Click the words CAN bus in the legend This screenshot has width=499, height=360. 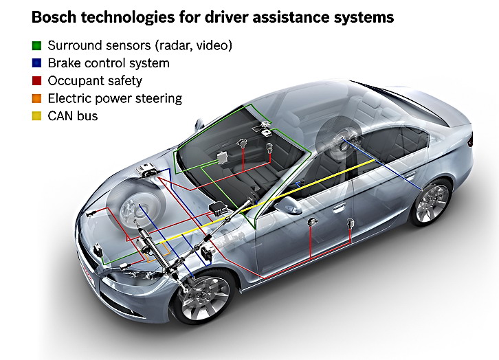pos(73,116)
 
